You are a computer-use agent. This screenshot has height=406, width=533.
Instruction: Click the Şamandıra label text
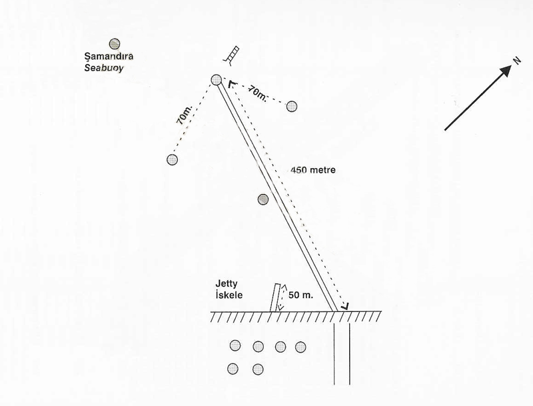109,57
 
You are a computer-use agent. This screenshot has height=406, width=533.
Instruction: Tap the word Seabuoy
104,68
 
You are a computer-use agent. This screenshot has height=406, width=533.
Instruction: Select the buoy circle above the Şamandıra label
115,44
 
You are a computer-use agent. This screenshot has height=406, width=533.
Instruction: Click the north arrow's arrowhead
506,71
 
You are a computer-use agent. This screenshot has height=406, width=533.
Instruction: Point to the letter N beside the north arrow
517,61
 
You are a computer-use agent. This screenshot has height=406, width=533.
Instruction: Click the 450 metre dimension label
313,170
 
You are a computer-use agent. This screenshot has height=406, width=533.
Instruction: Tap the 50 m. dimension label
301,295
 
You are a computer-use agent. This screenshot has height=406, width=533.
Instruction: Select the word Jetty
227,284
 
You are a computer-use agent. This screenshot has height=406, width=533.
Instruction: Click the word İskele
229,295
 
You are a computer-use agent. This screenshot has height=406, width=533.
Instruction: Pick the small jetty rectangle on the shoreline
275,298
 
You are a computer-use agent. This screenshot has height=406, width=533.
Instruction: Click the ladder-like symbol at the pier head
231,55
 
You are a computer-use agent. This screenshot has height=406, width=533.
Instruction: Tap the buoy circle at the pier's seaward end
216,79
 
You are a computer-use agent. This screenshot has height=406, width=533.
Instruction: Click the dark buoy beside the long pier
263,199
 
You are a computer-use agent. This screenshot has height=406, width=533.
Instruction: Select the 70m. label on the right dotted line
257,93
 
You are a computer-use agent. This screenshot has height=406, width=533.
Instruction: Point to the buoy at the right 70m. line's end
292,107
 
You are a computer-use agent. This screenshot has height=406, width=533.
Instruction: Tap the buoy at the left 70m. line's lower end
173,159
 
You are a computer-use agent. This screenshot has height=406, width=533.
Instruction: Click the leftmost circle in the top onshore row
235,345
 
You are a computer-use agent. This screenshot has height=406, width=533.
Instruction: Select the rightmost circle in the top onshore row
300,347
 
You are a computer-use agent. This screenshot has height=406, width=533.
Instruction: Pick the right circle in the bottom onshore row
258,369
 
